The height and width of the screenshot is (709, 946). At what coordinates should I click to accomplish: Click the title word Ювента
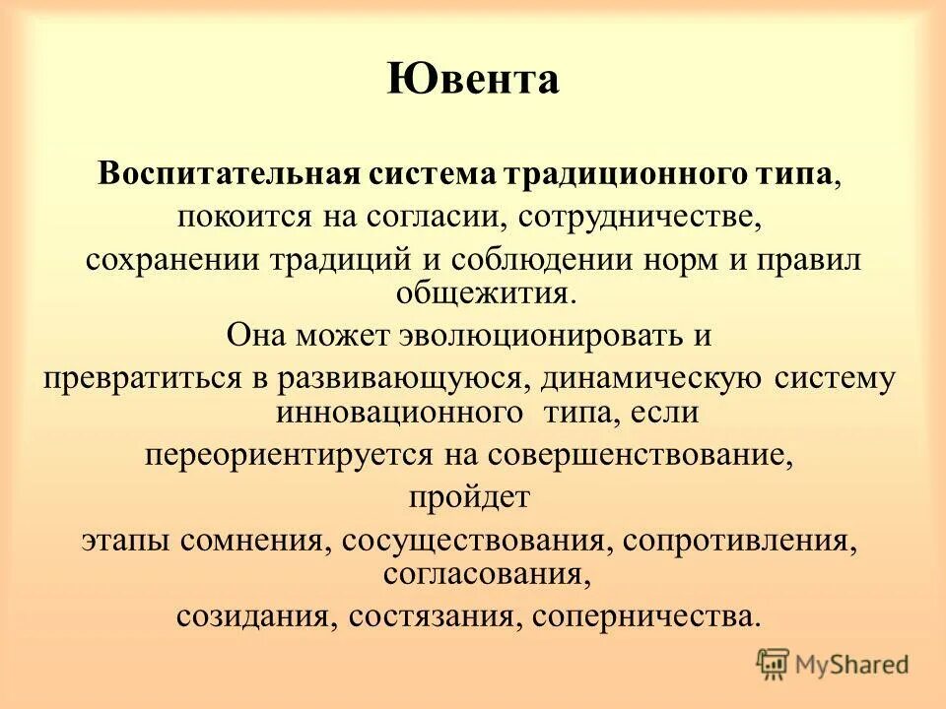(x=472, y=79)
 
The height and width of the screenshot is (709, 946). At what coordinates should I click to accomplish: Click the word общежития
(x=472, y=292)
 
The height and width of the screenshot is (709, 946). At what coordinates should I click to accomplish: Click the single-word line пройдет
(x=470, y=498)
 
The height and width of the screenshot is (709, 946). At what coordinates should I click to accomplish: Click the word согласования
(x=472, y=574)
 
